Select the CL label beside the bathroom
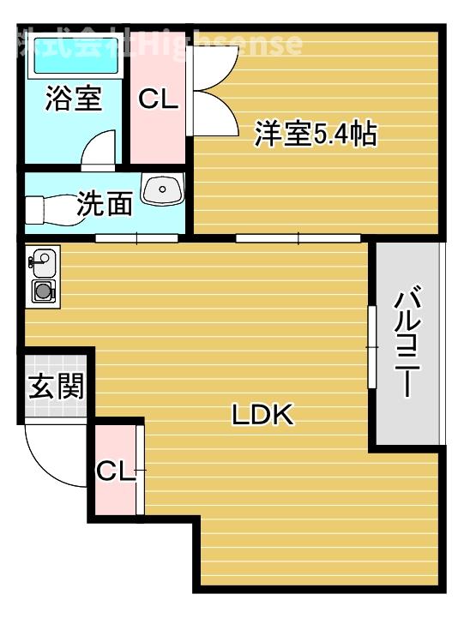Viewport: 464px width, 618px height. point(159,99)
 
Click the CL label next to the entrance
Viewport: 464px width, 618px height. point(116,471)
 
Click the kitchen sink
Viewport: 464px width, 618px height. point(42,258)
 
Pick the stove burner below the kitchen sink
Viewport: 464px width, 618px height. point(43,291)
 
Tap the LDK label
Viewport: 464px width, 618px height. point(263,416)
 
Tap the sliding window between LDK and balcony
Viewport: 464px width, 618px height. point(371,345)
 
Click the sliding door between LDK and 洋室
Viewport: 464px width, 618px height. point(298,237)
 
